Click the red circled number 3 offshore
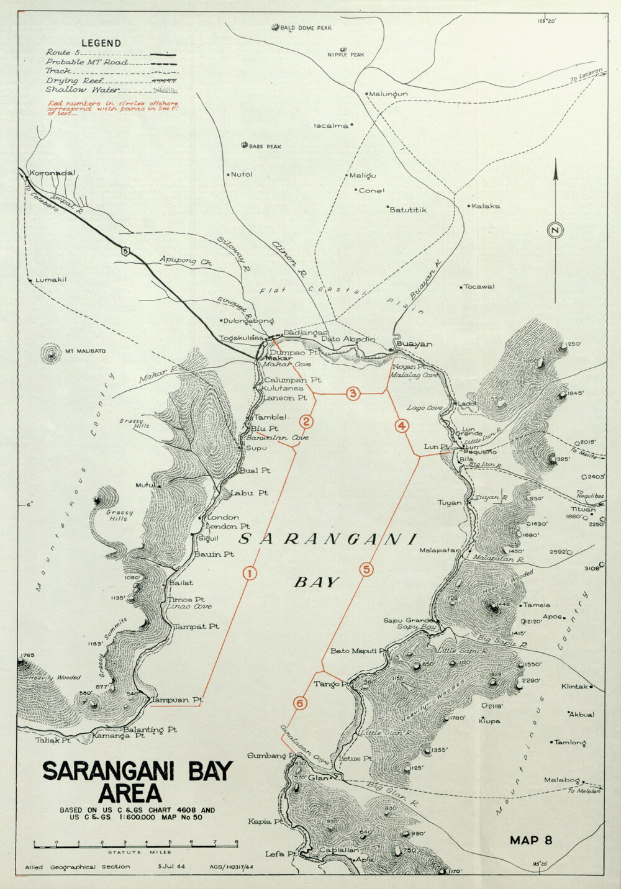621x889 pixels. coord(353,394)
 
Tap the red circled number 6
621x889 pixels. coord(300,703)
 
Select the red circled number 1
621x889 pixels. coord(248,573)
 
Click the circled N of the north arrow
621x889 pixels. coord(555,230)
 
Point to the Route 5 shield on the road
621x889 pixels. coord(127,251)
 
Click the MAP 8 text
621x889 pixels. coord(531,841)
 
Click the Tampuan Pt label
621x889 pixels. coord(177,700)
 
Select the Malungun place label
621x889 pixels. coord(388,94)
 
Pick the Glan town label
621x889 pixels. coord(318,778)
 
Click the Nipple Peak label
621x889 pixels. coord(346,55)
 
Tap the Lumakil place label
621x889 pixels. coord(50,280)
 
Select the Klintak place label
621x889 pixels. coord(574,687)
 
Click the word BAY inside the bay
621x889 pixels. coord(317,582)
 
